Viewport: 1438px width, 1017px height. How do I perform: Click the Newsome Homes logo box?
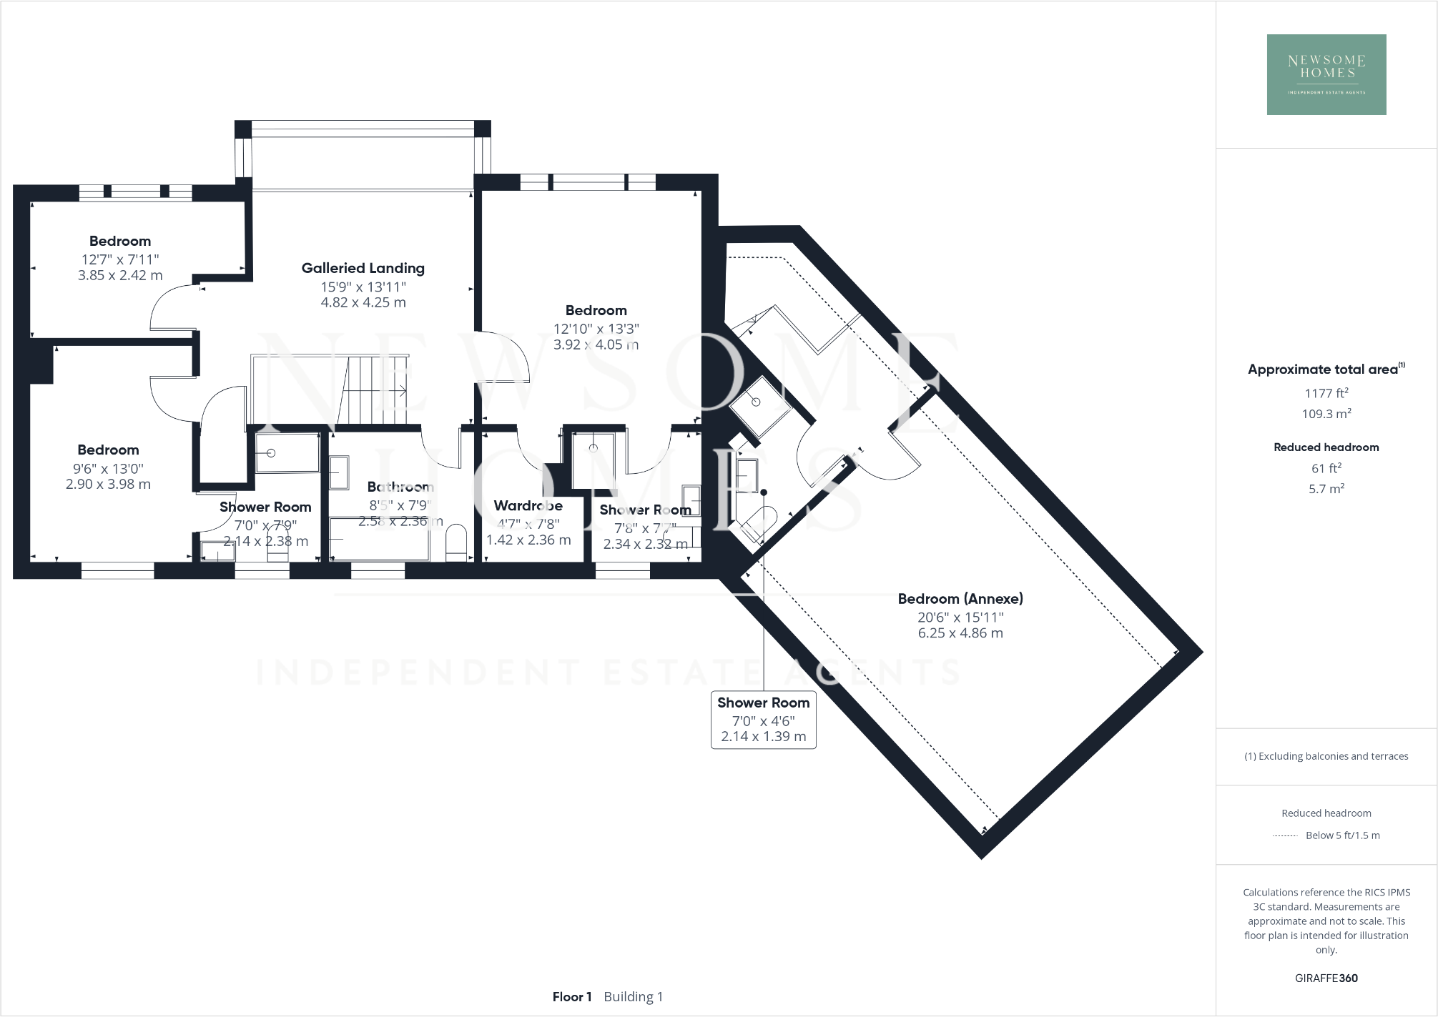[x=1326, y=74]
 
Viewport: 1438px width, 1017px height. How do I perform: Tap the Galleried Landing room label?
[x=363, y=268]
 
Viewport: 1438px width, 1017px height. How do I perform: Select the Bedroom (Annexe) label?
[x=960, y=599]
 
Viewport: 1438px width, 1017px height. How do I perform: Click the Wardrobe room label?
[x=528, y=505]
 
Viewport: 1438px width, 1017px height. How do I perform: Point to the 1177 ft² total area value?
[x=1326, y=393]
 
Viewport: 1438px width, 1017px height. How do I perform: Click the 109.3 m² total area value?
[x=1326, y=414]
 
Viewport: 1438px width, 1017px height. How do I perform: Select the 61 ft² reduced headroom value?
[x=1326, y=468]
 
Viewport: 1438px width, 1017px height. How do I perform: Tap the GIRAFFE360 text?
[x=1326, y=978]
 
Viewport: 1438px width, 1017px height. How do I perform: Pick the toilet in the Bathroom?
[x=455, y=543]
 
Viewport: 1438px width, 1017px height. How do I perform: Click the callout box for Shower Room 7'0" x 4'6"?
[x=763, y=720]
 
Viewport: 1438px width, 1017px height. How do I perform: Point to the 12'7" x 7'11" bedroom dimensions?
[x=120, y=259]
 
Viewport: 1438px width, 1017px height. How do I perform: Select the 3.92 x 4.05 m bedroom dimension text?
[x=596, y=344]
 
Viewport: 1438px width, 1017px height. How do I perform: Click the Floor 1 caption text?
[x=571, y=996]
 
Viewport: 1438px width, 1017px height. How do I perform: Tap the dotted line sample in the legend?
[x=1285, y=835]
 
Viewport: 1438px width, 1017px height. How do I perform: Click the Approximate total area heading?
[x=1323, y=369]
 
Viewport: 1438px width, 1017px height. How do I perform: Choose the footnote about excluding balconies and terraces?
[x=1326, y=756]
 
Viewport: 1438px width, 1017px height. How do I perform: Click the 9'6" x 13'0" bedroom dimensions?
[x=108, y=469]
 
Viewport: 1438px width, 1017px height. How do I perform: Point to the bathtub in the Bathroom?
[x=379, y=540]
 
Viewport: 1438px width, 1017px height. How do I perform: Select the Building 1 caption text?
[x=633, y=996]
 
